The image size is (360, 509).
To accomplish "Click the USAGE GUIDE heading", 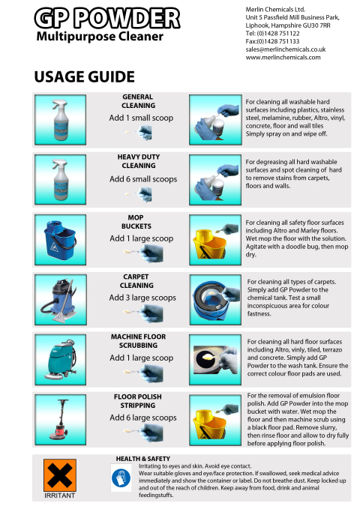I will tap(84, 76).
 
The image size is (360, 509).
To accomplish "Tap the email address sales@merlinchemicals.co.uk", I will tap(283, 48).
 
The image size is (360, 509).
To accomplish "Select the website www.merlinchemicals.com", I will tap(283, 57).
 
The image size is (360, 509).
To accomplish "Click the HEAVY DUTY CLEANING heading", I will tap(137, 160).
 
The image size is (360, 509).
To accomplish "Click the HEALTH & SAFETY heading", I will tap(142, 458).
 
